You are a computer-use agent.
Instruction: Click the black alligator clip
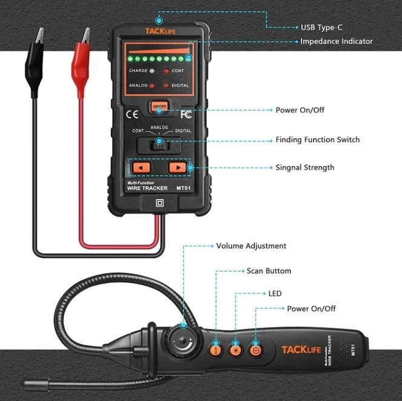(36, 64)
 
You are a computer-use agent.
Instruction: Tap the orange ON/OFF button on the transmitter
(159, 107)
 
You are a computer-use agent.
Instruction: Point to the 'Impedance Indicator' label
(337, 41)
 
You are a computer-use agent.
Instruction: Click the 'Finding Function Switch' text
(318, 140)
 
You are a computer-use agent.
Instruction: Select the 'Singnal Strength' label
(304, 167)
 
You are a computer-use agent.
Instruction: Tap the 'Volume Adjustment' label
(251, 246)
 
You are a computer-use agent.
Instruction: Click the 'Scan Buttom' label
(269, 271)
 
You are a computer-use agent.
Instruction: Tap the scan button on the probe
(215, 350)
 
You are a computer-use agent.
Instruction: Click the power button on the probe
(255, 350)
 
